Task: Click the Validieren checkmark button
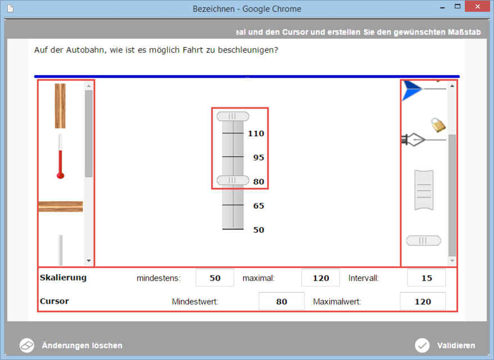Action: [x=422, y=345]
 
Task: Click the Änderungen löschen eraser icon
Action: [x=27, y=345]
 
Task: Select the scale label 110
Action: [x=256, y=133]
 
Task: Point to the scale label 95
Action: [x=259, y=157]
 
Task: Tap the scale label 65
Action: [x=259, y=206]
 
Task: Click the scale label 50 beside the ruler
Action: [x=259, y=230]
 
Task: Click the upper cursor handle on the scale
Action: [x=233, y=116]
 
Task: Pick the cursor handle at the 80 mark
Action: [x=233, y=181]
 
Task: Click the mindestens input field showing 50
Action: [x=215, y=278]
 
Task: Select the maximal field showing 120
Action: [x=321, y=278]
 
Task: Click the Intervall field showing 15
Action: [x=426, y=278]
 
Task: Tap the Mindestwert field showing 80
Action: [x=282, y=301]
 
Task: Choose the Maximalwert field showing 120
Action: [x=423, y=301]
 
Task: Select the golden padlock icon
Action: [x=438, y=125]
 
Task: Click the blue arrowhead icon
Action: [x=411, y=90]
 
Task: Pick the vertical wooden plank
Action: [x=60, y=106]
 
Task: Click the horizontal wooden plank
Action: [x=61, y=206]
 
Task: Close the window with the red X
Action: [x=478, y=6]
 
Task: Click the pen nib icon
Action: [x=413, y=139]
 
